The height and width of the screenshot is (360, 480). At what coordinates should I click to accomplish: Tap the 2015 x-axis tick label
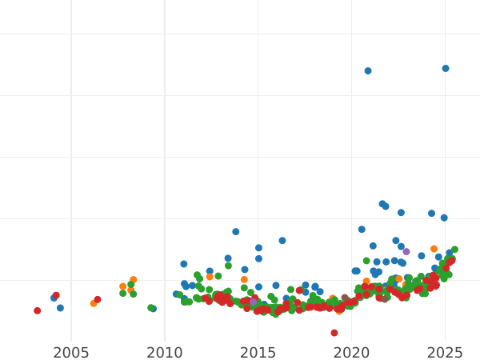click(258, 353)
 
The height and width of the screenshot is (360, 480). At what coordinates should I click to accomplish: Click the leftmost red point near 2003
click(37, 310)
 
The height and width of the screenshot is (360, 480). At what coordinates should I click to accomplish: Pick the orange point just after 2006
click(94, 303)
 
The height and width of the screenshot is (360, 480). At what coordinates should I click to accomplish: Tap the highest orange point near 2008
click(134, 280)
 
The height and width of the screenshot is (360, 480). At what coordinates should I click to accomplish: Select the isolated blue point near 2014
click(236, 232)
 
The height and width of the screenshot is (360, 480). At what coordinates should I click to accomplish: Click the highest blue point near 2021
click(368, 71)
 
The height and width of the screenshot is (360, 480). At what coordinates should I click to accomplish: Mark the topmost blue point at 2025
click(446, 69)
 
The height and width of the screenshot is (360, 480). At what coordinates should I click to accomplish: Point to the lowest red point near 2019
click(334, 333)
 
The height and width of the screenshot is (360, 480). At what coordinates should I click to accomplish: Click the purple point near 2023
click(406, 252)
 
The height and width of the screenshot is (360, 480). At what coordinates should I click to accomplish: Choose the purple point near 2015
click(254, 302)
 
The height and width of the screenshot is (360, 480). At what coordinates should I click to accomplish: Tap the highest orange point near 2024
click(434, 249)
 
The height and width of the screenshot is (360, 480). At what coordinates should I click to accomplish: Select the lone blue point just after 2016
click(282, 241)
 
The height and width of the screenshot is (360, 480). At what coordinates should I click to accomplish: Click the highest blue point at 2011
click(183, 264)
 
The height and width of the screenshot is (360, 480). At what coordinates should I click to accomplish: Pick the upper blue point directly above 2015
click(258, 248)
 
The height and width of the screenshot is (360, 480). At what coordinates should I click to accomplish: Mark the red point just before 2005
click(56, 295)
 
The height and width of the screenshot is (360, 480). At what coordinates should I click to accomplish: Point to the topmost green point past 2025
click(454, 250)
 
